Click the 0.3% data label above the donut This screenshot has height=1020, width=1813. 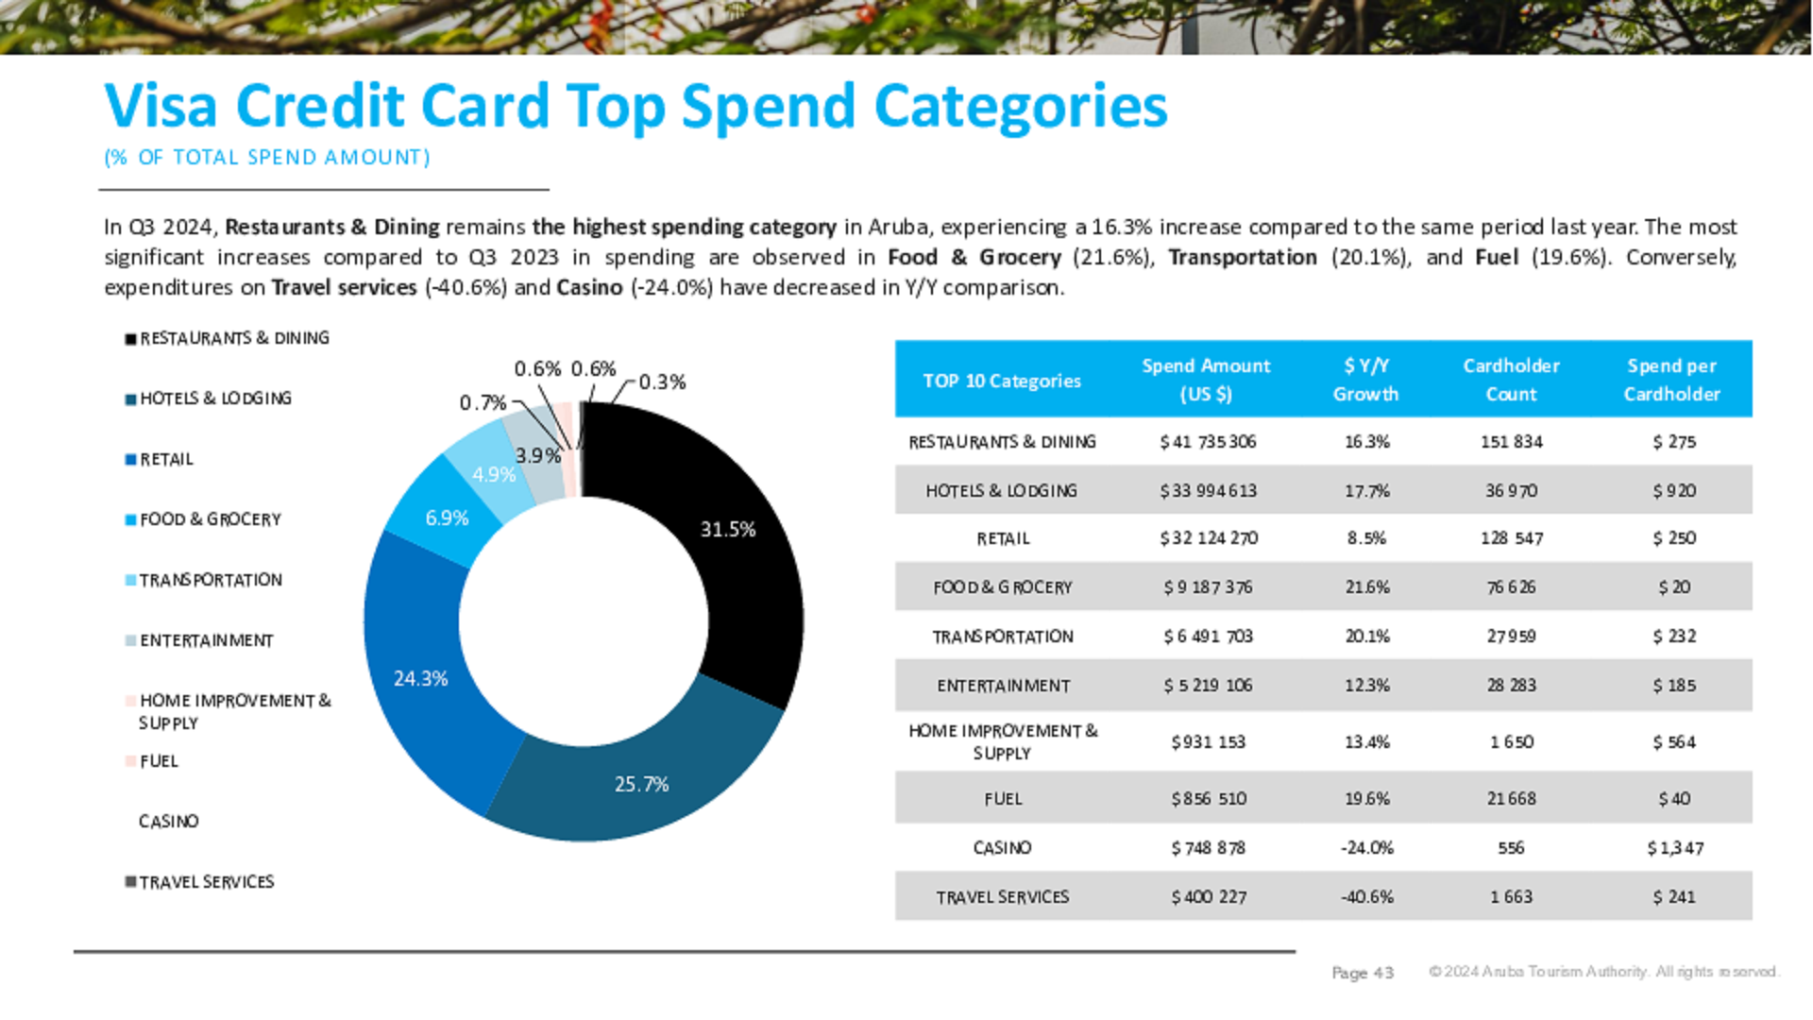[x=662, y=382]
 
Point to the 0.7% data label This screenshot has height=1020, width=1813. [x=483, y=403]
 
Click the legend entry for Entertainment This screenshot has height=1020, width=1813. [x=206, y=640]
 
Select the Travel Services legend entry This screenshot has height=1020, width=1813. [x=206, y=882]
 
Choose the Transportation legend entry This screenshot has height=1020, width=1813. [x=210, y=580]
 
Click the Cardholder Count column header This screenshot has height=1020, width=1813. [x=1511, y=380]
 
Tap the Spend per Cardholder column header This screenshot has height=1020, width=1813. [x=1671, y=380]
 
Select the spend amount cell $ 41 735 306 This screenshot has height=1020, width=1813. [x=1208, y=442]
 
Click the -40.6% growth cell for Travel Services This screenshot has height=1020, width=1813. [x=1366, y=897]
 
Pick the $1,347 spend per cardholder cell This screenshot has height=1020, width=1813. [x=1674, y=848]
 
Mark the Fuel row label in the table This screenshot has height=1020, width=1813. [x=1003, y=799]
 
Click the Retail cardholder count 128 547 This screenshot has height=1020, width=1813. [x=1511, y=538]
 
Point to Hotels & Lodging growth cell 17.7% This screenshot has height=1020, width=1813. [x=1366, y=491]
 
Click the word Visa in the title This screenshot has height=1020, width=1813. [x=161, y=106]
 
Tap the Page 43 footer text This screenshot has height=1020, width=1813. [x=1362, y=973]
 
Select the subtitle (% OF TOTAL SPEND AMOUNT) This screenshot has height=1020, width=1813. [x=267, y=158]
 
